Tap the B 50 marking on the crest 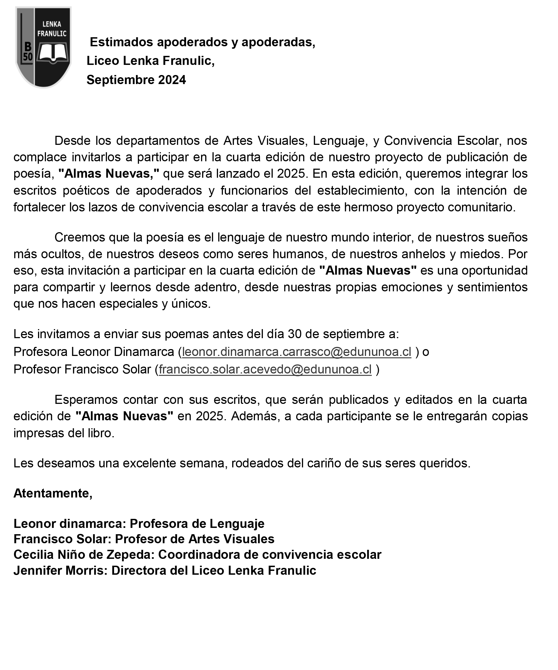tap(28, 52)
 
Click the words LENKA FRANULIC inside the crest tap(52, 29)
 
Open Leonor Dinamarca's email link tap(296, 352)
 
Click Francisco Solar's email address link tap(265, 369)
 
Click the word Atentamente tap(53, 493)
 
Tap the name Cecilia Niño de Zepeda tap(84, 555)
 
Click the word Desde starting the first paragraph tap(72, 140)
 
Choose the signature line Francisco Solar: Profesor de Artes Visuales tap(144, 539)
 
